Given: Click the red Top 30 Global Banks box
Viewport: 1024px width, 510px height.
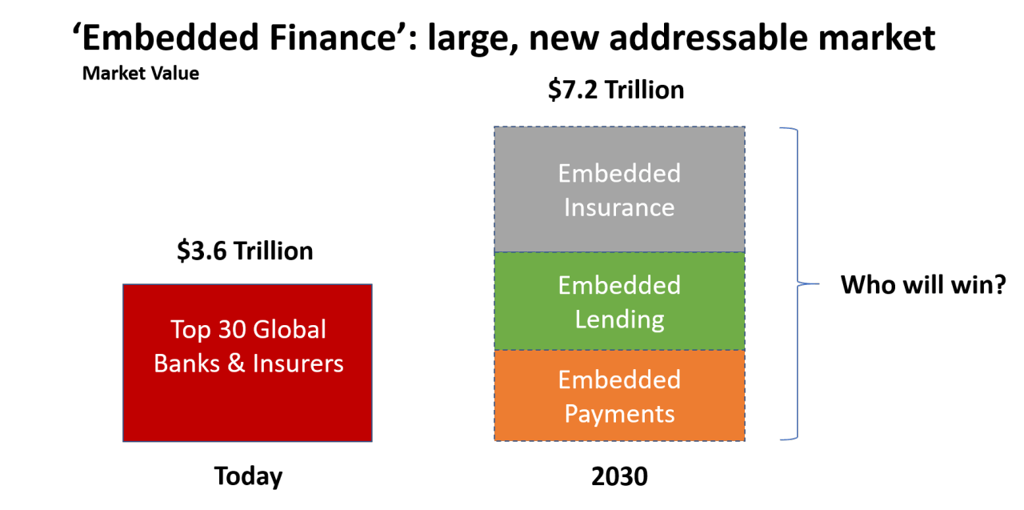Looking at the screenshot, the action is point(247,363).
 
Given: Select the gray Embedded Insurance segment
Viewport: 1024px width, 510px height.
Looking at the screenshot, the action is point(619,190).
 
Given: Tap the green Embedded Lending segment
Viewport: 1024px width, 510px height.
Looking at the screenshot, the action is point(619,301).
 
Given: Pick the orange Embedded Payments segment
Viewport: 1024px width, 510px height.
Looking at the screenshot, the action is point(619,396).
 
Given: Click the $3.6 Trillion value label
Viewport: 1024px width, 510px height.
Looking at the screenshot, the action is point(245,251).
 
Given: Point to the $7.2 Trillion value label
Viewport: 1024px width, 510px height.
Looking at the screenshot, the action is point(616,90).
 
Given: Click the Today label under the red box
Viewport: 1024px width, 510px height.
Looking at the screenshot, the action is point(248,476).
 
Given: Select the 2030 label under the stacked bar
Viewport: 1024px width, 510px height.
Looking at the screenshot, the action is point(619,476).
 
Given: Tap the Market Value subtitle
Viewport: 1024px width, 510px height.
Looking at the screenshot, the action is point(140,74).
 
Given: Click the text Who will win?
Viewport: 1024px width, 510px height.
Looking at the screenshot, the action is point(923,284).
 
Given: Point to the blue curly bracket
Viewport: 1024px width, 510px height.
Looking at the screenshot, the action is point(798,283).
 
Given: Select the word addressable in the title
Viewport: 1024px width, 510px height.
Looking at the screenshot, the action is point(710,38).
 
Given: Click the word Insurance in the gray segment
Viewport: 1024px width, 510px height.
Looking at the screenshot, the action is point(619,207).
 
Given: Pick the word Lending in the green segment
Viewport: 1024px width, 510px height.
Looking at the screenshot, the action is point(619,320).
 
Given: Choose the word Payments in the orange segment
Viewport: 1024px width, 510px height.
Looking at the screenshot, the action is point(619,415).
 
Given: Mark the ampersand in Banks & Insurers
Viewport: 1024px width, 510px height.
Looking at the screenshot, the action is point(236,363).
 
